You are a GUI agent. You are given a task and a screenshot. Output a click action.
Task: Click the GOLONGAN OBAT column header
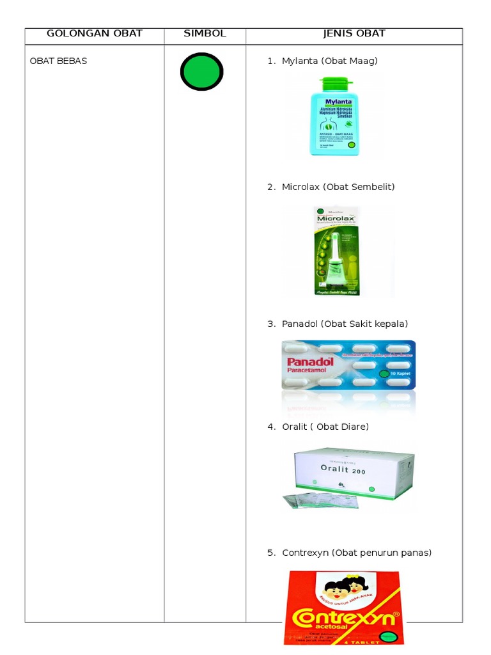coord(94,33)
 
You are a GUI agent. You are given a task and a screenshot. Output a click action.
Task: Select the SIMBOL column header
coord(205,33)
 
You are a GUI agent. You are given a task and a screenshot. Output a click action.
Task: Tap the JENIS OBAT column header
coord(354,33)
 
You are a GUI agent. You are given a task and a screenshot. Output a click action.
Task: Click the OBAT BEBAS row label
coord(58,61)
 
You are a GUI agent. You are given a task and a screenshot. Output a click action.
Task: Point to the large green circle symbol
coord(201,72)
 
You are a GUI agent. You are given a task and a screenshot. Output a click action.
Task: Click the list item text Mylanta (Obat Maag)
coord(329,61)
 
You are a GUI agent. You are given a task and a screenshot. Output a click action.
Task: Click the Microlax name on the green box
coord(335,218)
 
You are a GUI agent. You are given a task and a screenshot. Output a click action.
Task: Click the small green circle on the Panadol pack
coord(383,374)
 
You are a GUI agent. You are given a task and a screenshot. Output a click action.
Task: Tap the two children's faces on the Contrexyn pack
coord(346,586)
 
